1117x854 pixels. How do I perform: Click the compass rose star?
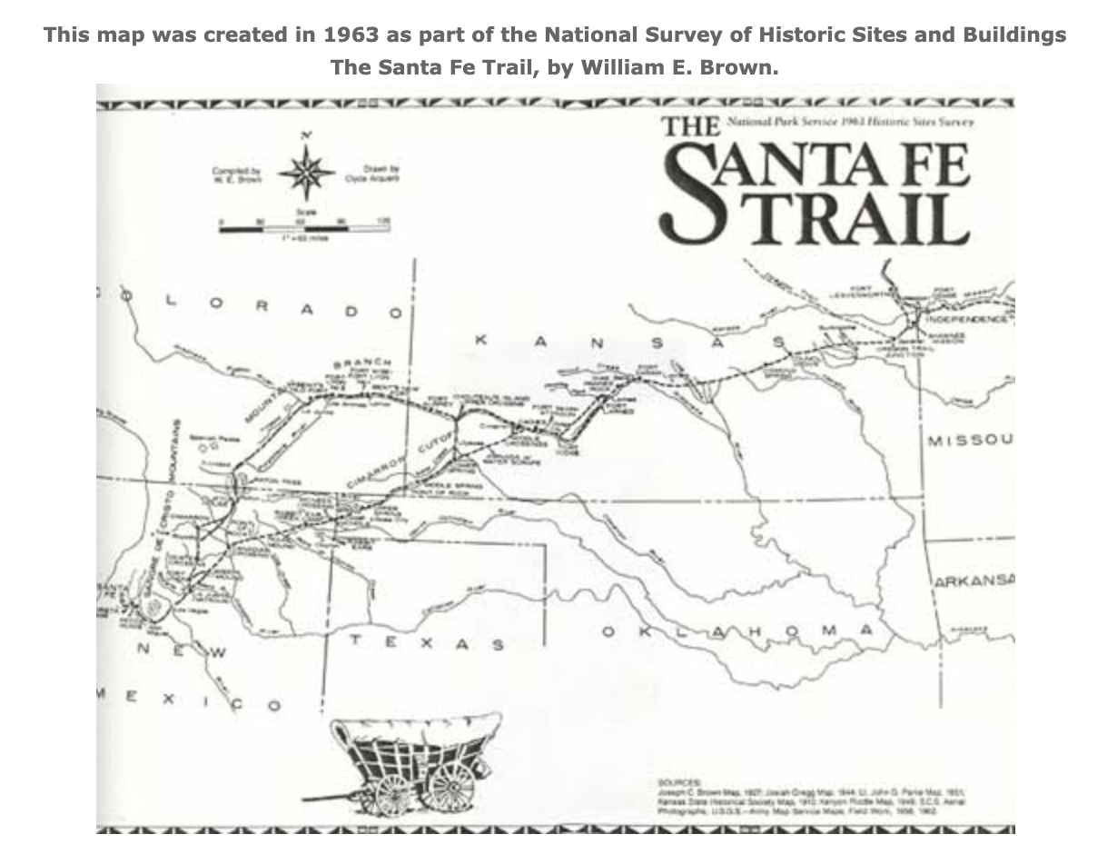(306, 171)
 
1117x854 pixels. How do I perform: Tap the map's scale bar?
(305, 227)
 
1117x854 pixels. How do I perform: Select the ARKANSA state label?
(974, 581)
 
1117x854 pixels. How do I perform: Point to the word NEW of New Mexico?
(181, 650)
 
